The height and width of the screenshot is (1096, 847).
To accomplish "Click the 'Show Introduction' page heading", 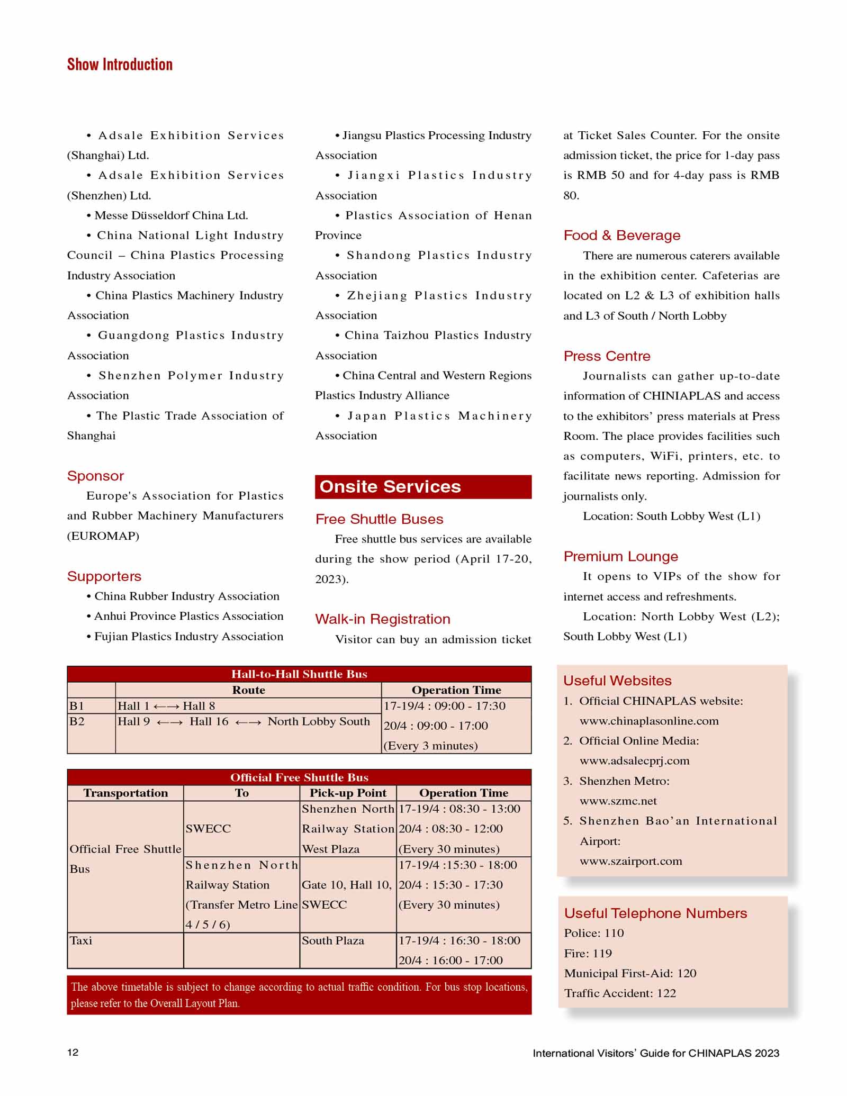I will pyautogui.click(x=120, y=65).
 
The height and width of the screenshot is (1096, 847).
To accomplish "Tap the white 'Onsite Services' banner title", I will pyautogui.click(x=390, y=486).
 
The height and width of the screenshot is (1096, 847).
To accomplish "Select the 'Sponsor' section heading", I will pyautogui.click(x=95, y=476).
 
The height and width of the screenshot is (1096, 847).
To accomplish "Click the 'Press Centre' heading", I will pyautogui.click(x=607, y=356).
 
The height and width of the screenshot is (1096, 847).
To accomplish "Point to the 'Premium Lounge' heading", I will pyautogui.click(x=620, y=556).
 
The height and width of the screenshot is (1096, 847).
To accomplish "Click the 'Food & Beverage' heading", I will pyautogui.click(x=622, y=235).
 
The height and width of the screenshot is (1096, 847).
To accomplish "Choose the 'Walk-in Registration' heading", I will pyautogui.click(x=383, y=619).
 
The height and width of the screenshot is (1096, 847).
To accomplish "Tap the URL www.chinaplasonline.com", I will pyautogui.click(x=649, y=721).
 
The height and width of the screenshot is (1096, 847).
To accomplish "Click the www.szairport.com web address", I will pyautogui.click(x=631, y=861).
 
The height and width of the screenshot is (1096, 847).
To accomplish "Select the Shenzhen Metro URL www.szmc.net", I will pyautogui.click(x=618, y=801).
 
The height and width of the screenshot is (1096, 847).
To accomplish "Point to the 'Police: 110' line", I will pyautogui.click(x=594, y=933).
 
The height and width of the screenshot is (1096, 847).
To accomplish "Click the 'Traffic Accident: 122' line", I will pyautogui.click(x=620, y=993).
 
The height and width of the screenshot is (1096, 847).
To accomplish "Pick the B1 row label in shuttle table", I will pyautogui.click(x=77, y=706).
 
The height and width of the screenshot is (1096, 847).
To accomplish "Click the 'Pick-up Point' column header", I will pyautogui.click(x=348, y=793).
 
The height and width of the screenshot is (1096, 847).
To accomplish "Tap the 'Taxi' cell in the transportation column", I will pyautogui.click(x=81, y=940).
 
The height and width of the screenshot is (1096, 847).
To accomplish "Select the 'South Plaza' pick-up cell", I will pyautogui.click(x=333, y=940).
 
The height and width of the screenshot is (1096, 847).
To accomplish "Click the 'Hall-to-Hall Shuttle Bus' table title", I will pyautogui.click(x=299, y=674).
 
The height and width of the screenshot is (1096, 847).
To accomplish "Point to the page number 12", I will pyautogui.click(x=73, y=1052).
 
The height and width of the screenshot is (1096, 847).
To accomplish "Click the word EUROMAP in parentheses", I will pyautogui.click(x=103, y=536).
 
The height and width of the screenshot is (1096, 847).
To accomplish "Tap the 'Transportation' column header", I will pyautogui.click(x=125, y=793).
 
